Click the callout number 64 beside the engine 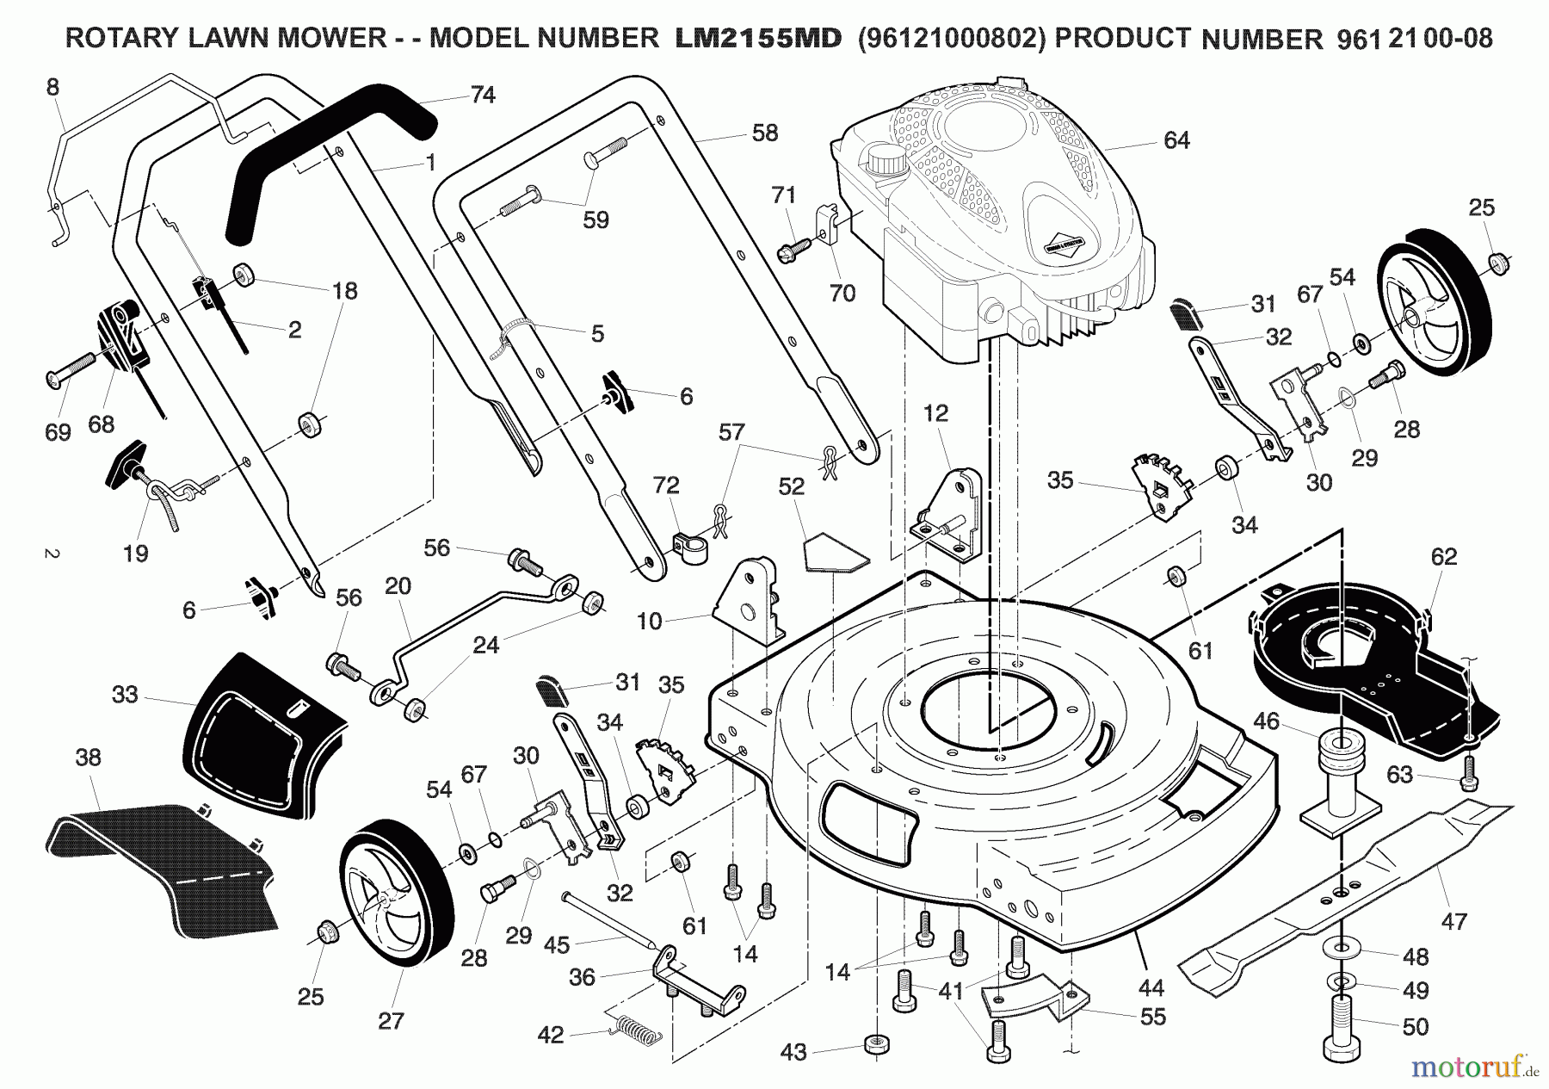tap(1176, 140)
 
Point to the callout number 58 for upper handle tap(764, 133)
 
